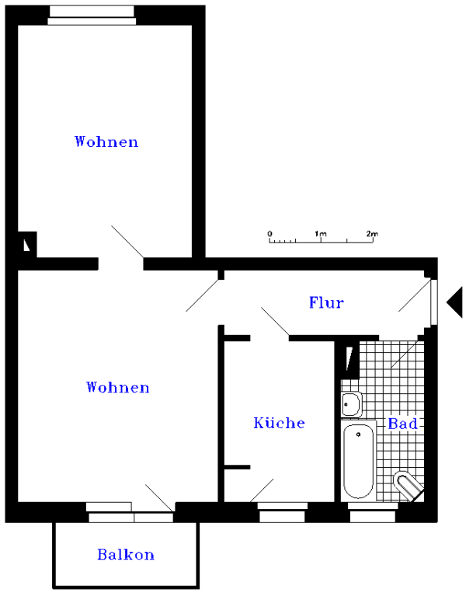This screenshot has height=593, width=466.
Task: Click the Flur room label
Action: coord(326,302)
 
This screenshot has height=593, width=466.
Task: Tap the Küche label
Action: coord(279,423)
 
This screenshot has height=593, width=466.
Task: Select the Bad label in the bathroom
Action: coord(402,424)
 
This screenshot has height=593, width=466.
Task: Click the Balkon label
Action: coord(126,554)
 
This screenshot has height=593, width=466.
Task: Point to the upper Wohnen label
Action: coord(106,141)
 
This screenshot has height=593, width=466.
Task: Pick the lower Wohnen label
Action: coord(118,387)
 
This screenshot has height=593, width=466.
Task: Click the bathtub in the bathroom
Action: coord(358,461)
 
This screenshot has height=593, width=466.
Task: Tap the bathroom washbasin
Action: coord(352,404)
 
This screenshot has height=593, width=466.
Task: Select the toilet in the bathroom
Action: coord(408,486)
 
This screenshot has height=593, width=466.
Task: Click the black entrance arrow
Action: coord(454,302)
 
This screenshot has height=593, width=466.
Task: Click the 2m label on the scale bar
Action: coord(372,234)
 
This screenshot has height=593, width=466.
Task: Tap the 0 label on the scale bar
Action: coord(270,234)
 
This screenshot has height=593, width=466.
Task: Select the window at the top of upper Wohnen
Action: coord(92,16)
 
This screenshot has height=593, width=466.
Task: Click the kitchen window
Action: coord(282,512)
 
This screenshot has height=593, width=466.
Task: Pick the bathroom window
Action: coord(373,512)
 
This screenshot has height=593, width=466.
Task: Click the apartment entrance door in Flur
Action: coord(434,302)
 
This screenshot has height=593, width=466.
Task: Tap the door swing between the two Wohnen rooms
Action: coord(127,242)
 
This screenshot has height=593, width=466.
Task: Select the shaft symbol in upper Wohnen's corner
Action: coord(27,245)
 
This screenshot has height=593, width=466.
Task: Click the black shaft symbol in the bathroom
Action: coord(350,358)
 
